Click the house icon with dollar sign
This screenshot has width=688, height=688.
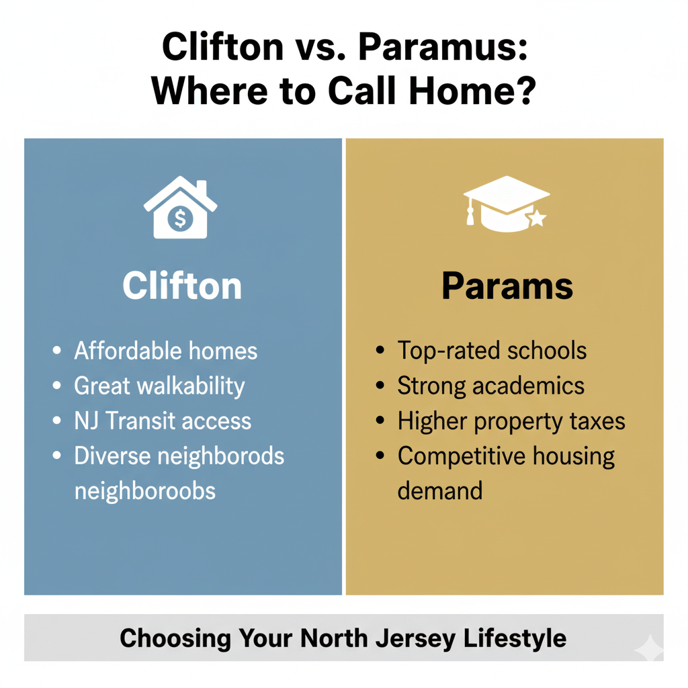coord(180,208)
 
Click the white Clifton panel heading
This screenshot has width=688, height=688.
coord(182,286)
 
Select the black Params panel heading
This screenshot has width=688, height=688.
coord(507,286)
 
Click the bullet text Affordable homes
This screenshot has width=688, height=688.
coord(165,351)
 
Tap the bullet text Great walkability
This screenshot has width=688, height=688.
coord(159,386)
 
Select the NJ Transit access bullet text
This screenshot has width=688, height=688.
coord(163,421)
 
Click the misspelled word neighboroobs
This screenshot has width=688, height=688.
coord(144,490)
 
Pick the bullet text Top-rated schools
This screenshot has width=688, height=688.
coord(492,350)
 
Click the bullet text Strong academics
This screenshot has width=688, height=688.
coord(490,386)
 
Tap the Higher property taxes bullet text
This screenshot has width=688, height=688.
coord(511,421)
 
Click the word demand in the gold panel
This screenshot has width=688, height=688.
coord(439,490)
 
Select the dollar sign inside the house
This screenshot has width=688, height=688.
coord(180,218)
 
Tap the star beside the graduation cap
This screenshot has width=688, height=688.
coord(537,218)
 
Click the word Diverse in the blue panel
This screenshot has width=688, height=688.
coord(112,456)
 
